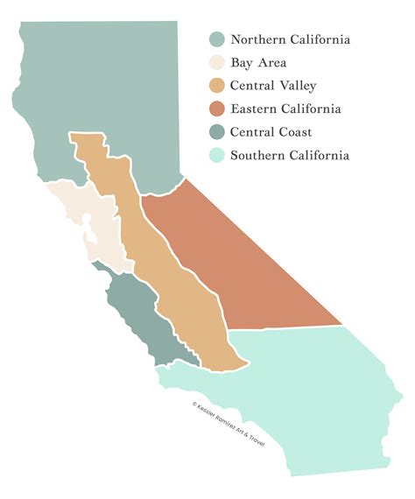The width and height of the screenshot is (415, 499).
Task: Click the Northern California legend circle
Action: pyautogui.click(x=216, y=39)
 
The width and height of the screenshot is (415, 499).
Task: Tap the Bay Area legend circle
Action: pyautogui.click(x=216, y=63)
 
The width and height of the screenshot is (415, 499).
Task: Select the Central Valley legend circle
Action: pyautogui.click(x=216, y=86)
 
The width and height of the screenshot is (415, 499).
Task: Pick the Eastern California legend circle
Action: pyautogui.click(x=216, y=109)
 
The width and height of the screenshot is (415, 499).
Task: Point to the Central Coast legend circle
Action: pyautogui.click(x=216, y=132)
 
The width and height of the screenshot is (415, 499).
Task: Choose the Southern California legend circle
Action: pyautogui.click(x=216, y=156)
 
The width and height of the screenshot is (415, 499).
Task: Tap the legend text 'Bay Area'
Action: pyautogui.click(x=258, y=63)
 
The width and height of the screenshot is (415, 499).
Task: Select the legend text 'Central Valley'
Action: pyautogui.click(x=273, y=86)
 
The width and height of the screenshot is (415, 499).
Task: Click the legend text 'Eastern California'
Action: pyautogui.click(x=285, y=109)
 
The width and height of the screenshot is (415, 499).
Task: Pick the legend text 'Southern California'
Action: pyautogui.click(x=290, y=156)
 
